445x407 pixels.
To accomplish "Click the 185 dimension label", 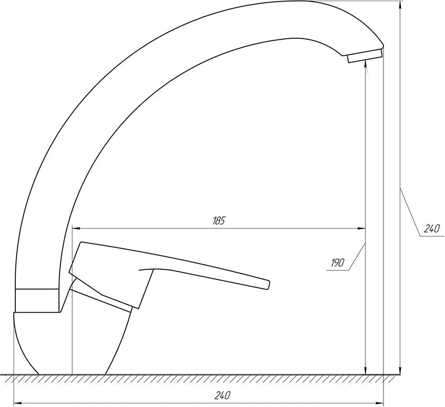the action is click(219, 220).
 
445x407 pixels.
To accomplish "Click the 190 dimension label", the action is click(337, 263).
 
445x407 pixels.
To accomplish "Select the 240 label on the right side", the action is click(432, 228).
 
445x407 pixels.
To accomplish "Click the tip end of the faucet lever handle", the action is click(268, 285).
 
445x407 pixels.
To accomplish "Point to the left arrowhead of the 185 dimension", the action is click(76, 228).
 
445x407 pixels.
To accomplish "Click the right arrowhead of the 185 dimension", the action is click(361, 228).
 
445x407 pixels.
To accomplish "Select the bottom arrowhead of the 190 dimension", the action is click(365, 370).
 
